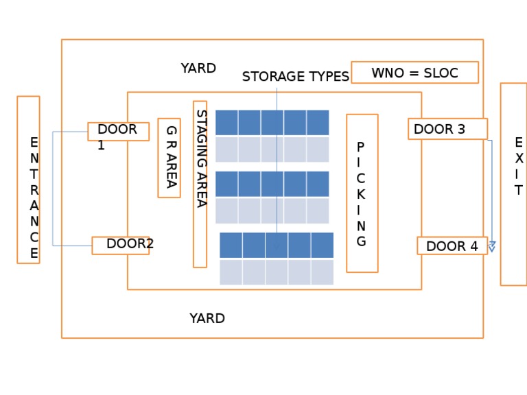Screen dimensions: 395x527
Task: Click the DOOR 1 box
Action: click(118, 132)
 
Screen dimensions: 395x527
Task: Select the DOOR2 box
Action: click(121, 246)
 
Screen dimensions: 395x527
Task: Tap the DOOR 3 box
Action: click(447, 129)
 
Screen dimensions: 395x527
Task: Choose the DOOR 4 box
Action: click(452, 246)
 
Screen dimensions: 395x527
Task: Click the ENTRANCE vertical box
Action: click(29, 180)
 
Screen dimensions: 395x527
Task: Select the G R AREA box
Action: click(169, 158)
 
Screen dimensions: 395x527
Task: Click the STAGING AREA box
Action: click(200, 184)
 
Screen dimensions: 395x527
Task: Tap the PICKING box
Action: click(362, 193)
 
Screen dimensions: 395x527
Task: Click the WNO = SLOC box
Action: click(414, 73)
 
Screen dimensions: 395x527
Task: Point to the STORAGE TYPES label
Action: click(295, 77)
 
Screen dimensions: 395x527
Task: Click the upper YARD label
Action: click(198, 69)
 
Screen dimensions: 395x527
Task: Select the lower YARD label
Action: click(207, 319)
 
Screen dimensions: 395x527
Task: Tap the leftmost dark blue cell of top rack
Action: click(226, 123)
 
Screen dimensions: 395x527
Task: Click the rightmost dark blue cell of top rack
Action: click(318, 123)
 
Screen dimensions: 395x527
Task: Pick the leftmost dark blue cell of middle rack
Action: click(226, 184)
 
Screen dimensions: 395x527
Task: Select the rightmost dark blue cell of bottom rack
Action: click(322, 245)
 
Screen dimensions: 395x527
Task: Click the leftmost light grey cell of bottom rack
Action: click(231, 272)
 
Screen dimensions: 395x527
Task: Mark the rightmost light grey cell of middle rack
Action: click(318, 211)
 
